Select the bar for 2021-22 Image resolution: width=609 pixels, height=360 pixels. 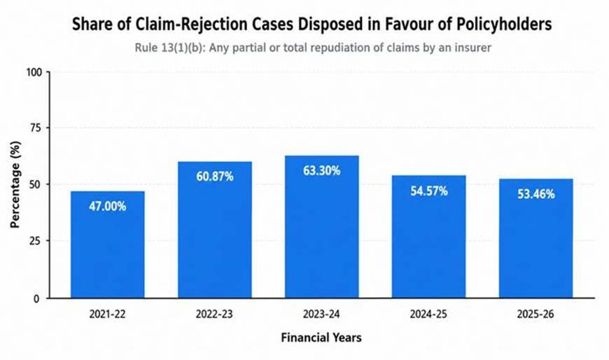click(x=108, y=244)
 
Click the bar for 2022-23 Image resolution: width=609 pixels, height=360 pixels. click(x=215, y=230)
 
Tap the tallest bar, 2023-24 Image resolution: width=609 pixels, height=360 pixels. click(x=321, y=227)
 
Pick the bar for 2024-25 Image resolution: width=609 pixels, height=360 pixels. click(x=429, y=237)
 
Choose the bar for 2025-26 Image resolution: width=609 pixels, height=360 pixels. click(x=536, y=238)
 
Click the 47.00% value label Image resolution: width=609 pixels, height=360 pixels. click(x=108, y=206)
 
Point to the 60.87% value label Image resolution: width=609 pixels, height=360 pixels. click(x=215, y=176)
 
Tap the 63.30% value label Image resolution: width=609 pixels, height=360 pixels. click(x=321, y=171)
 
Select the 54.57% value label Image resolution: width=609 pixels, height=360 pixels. click(x=429, y=191)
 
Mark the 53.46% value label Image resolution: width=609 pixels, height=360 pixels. click(x=536, y=194)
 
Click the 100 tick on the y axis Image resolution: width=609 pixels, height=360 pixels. click(x=33, y=73)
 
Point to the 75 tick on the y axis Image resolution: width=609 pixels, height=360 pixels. click(x=35, y=128)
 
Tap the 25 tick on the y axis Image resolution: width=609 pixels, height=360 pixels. click(x=35, y=242)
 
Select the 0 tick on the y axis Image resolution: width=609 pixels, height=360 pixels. click(x=37, y=298)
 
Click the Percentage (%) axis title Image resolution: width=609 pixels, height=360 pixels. click(x=15, y=185)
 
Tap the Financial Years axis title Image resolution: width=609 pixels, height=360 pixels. click(x=321, y=338)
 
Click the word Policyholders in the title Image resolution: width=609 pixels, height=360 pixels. click(x=504, y=24)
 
